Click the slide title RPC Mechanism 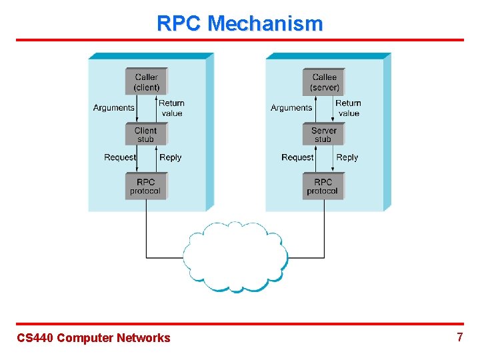[x=239, y=23]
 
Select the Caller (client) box [x=146, y=82]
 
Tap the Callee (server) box [x=324, y=82]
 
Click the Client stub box [x=145, y=135]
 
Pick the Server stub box [x=323, y=135]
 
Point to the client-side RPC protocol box [x=145, y=186]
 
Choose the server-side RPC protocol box [x=323, y=186]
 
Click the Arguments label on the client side [x=113, y=108]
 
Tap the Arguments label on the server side [x=291, y=108]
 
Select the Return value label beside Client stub [x=171, y=108]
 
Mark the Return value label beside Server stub [x=349, y=108]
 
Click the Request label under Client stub [x=120, y=158]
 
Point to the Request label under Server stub [x=297, y=158]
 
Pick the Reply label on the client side [x=170, y=158]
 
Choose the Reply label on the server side [x=347, y=158]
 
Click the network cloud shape [x=236, y=257]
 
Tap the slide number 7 [x=459, y=337]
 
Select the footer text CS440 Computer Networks [x=93, y=338]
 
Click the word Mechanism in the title [x=265, y=23]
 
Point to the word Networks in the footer [x=143, y=338]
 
